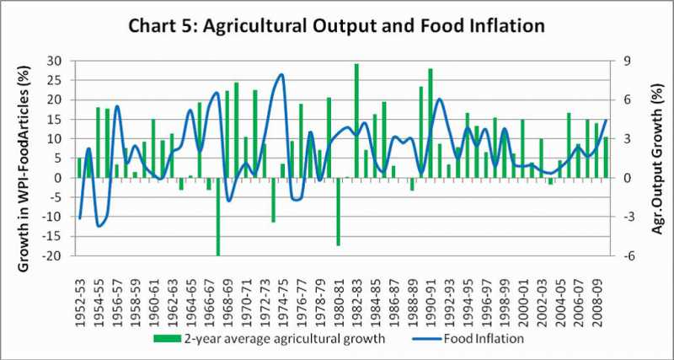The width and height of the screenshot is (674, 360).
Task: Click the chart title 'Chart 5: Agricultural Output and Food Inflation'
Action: pyautogui.click(x=336, y=24)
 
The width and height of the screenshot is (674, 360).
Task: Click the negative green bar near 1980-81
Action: pyautogui.click(x=338, y=211)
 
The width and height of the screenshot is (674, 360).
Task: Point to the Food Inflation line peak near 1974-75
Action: pyautogui.click(x=281, y=75)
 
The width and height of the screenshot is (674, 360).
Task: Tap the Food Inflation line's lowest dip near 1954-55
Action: pyautogui.click(x=99, y=226)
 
